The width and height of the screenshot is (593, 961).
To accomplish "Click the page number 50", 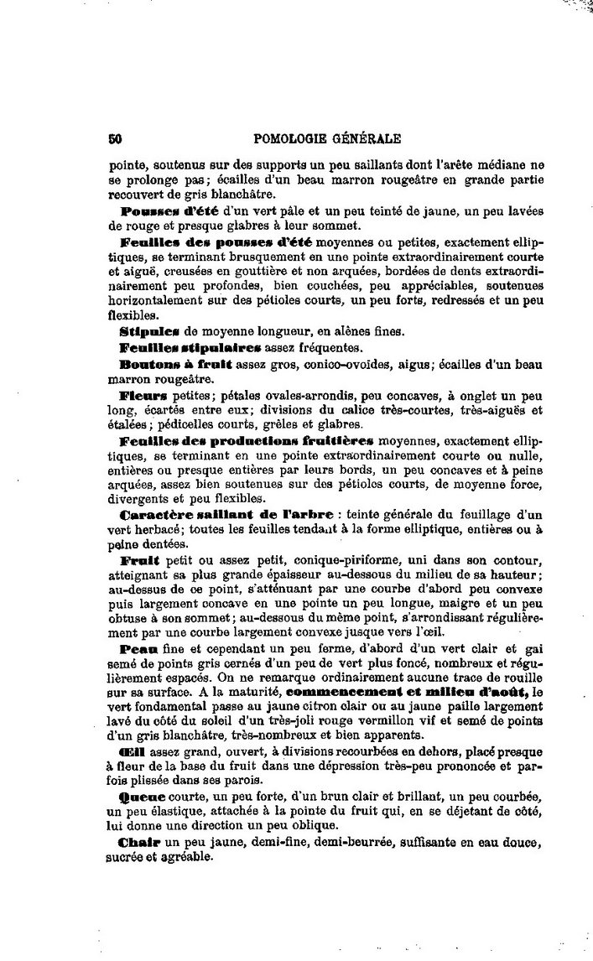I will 116,139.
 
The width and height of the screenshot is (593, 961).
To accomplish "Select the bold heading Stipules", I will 146,332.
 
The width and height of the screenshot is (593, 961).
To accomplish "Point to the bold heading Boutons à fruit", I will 177,366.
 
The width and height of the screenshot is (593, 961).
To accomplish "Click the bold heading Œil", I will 133,751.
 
